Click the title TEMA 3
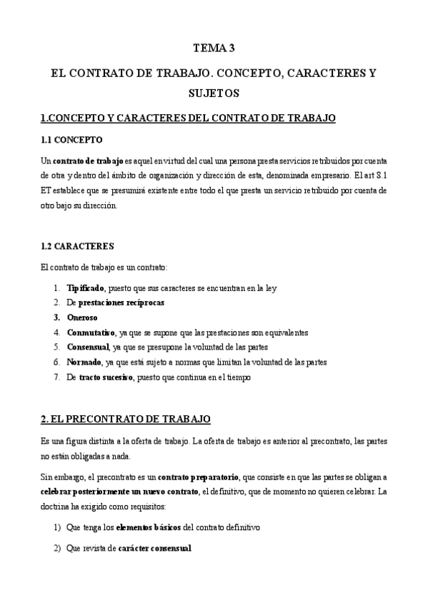tap(214, 49)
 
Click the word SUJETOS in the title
tap(214, 93)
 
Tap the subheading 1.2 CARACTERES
tap(77, 246)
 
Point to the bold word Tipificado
tap(85, 288)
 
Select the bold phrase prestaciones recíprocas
tap(121, 302)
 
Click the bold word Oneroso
tap(82, 317)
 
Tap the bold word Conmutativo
tap(90, 332)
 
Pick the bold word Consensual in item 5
tap(88, 347)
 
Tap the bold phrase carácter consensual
tap(156, 549)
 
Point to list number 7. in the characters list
tap(56, 377)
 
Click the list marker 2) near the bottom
tap(57, 549)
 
